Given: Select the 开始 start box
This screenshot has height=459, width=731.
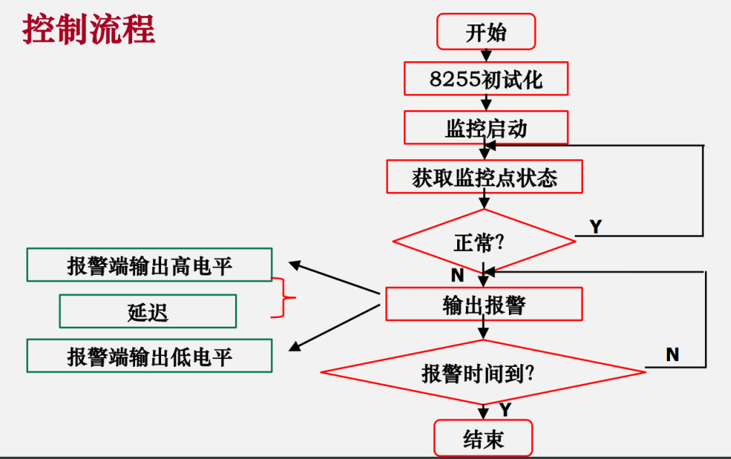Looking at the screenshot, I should tap(486, 32).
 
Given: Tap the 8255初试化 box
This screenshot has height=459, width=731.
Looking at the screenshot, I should tap(486, 78).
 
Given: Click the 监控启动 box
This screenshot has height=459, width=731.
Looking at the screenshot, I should tap(486, 127).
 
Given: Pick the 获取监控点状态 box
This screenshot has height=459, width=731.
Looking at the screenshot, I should tap(484, 177).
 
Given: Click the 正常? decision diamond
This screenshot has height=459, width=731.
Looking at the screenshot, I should tap(484, 242).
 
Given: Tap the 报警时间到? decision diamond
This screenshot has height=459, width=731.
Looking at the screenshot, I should tap(483, 373).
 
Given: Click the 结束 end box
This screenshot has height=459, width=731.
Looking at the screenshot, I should tap(483, 438).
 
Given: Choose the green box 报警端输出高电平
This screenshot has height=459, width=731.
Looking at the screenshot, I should tap(150, 265).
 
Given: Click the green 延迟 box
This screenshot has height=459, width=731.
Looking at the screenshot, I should tap(147, 311).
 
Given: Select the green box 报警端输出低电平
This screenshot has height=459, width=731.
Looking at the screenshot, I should tap(150, 356).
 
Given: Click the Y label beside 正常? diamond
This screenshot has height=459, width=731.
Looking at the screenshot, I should tap(595, 227).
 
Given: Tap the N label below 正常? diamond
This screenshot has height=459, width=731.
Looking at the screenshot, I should tap(457, 274).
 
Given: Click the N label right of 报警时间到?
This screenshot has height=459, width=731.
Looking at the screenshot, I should tap(672, 354).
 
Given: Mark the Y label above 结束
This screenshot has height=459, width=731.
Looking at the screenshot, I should tap(505, 409).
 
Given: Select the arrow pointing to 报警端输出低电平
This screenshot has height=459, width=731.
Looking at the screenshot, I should tap(334, 327).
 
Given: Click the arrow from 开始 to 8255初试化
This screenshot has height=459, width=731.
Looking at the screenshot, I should tap(486, 55).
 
